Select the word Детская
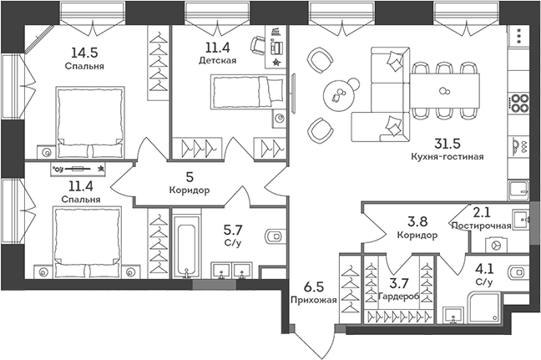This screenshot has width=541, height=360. pos(217,61)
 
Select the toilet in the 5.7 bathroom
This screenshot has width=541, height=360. pos(273,236)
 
